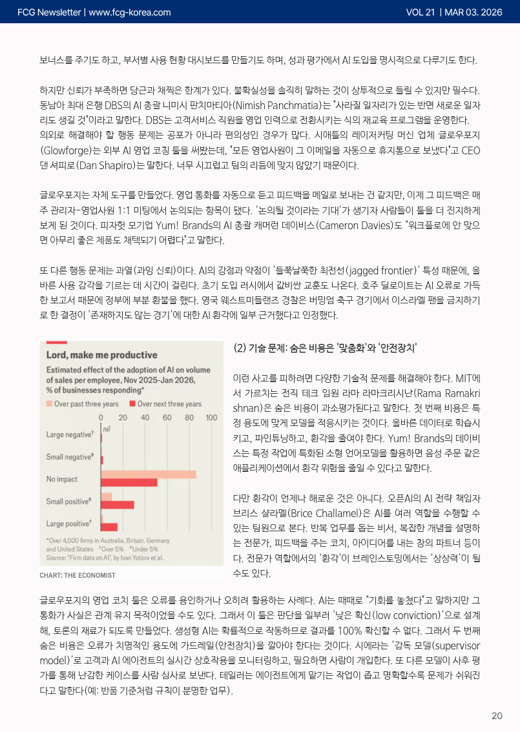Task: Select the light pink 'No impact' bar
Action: pos(149,474)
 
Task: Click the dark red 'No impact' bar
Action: pos(129,482)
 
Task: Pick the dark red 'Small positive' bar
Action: pos(118,504)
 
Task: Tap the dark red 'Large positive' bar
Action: pos(109,527)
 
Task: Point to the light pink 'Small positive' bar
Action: pos(107,496)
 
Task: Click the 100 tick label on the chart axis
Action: pos(211,418)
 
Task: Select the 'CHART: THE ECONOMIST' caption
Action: pos(77,575)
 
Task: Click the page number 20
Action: pos(497,715)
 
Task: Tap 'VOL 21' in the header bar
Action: pos(421,12)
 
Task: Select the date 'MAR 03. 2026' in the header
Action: pos(473,12)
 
